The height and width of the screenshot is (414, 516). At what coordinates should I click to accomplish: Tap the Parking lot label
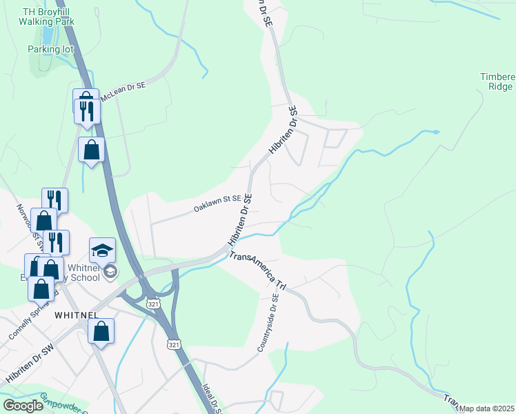tap(49, 49)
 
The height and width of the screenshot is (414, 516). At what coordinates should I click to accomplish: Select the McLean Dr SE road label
tap(124, 90)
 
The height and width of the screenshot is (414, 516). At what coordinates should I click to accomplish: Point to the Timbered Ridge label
tap(497, 81)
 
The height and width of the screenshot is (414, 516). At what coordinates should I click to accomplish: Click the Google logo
tap(23, 406)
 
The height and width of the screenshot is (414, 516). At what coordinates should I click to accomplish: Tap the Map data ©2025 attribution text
tap(486, 408)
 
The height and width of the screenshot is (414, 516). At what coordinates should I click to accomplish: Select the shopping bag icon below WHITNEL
tap(101, 332)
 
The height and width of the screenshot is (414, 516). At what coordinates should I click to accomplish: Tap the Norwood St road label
tap(35, 221)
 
